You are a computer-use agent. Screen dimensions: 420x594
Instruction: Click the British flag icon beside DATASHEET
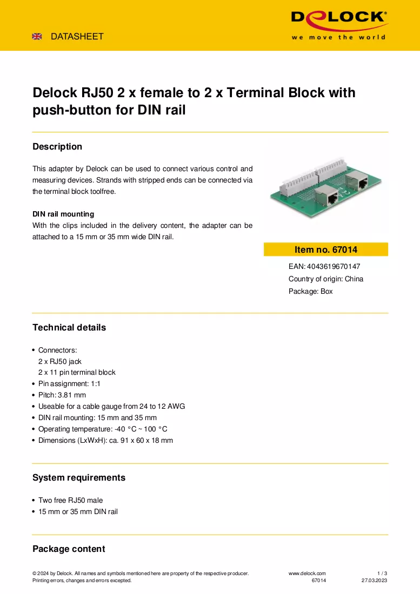pos(37,36)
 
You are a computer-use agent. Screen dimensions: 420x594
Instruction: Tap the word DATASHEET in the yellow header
pos(77,36)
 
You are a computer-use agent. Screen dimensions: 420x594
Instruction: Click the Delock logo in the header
pos(339,25)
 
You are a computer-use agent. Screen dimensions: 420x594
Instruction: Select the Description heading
pos(57,146)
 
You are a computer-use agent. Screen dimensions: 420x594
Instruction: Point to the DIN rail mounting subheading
pos(63,214)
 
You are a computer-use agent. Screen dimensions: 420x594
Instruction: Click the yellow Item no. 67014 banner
pos(325,249)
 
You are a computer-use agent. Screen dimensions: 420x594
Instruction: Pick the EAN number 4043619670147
pos(334,266)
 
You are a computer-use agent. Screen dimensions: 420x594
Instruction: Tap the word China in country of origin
pos(354,279)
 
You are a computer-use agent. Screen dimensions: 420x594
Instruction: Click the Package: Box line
pos(310,291)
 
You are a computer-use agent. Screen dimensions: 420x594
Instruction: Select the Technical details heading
pos(69,327)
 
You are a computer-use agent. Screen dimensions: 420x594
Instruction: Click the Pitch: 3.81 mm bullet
pos(62,395)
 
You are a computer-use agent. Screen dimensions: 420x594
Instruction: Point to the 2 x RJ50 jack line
pos(60,361)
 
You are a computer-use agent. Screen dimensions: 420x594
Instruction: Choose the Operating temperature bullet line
pos(103,429)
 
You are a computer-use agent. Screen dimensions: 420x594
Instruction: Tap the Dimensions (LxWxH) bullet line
pos(105,440)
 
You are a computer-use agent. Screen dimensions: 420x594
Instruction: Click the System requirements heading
pos(79,477)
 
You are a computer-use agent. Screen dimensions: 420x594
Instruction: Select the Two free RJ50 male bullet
pos(70,500)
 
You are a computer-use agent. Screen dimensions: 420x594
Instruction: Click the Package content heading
pos(69,549)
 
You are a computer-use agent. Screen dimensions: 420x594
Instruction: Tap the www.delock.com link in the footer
pos(307,573)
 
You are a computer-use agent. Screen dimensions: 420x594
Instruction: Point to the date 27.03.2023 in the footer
pos(374,580)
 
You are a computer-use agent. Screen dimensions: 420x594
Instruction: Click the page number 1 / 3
pos(382,573)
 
